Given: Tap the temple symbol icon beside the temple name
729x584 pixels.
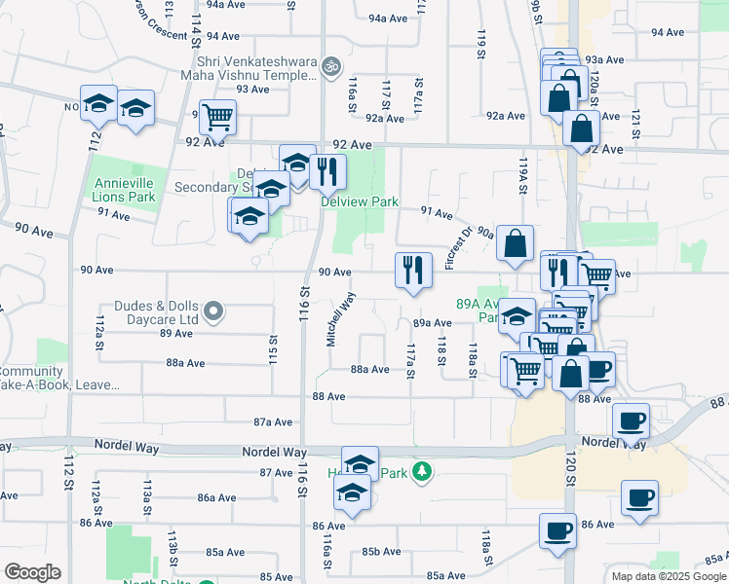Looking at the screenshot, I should pyautogui.click(x=331, y=66).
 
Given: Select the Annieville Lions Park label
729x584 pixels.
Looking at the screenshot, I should pyautogui.click(x=124, y=190).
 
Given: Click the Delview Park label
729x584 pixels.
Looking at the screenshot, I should pyautogui.click(x=360, y=202).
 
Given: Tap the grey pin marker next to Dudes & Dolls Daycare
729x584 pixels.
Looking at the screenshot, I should pyautogui.click(x=215, y=311).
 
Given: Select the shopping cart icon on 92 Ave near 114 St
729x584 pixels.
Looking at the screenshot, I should pyautogui.click(x=218, y=118).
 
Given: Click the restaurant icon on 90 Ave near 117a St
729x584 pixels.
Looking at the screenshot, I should pyautogui.click(x=413, y=269).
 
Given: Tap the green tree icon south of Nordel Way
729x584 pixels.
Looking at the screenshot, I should pyautogui.click(x=421, y=472).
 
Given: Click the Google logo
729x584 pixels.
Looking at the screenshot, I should pyautogui.click(x=32, y=572).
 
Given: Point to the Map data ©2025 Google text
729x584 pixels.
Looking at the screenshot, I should pyautogui.click(x=669, y=576).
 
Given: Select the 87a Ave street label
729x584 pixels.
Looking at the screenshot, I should pyautogui.click(x=273, y=421).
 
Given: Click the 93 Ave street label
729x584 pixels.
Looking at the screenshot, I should pyautogui.click(x=252, y=89).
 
